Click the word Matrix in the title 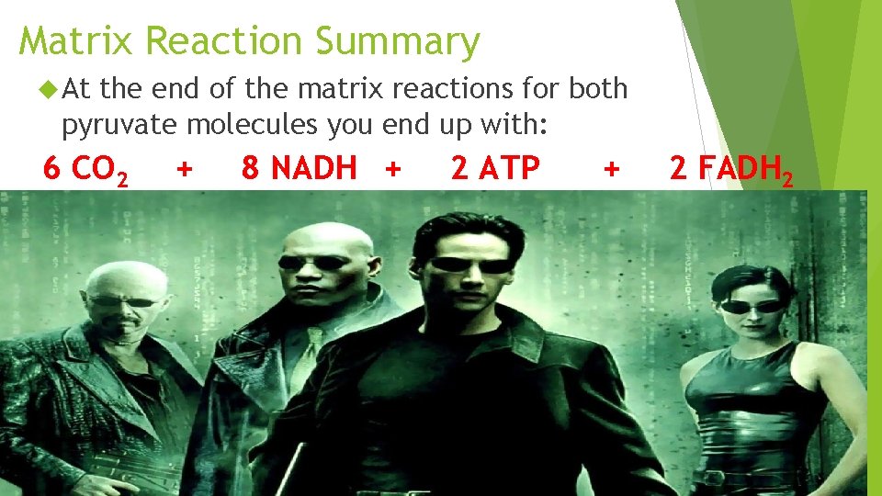(x=76, y=41)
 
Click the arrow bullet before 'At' (x=50, y=89)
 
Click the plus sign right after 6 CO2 (x=185, y=169)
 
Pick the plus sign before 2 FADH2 (x=611, y=169)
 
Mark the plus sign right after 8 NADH (x=393, y=169)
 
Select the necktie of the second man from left (x=312, y=349)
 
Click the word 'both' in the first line (x=598, y=89)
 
